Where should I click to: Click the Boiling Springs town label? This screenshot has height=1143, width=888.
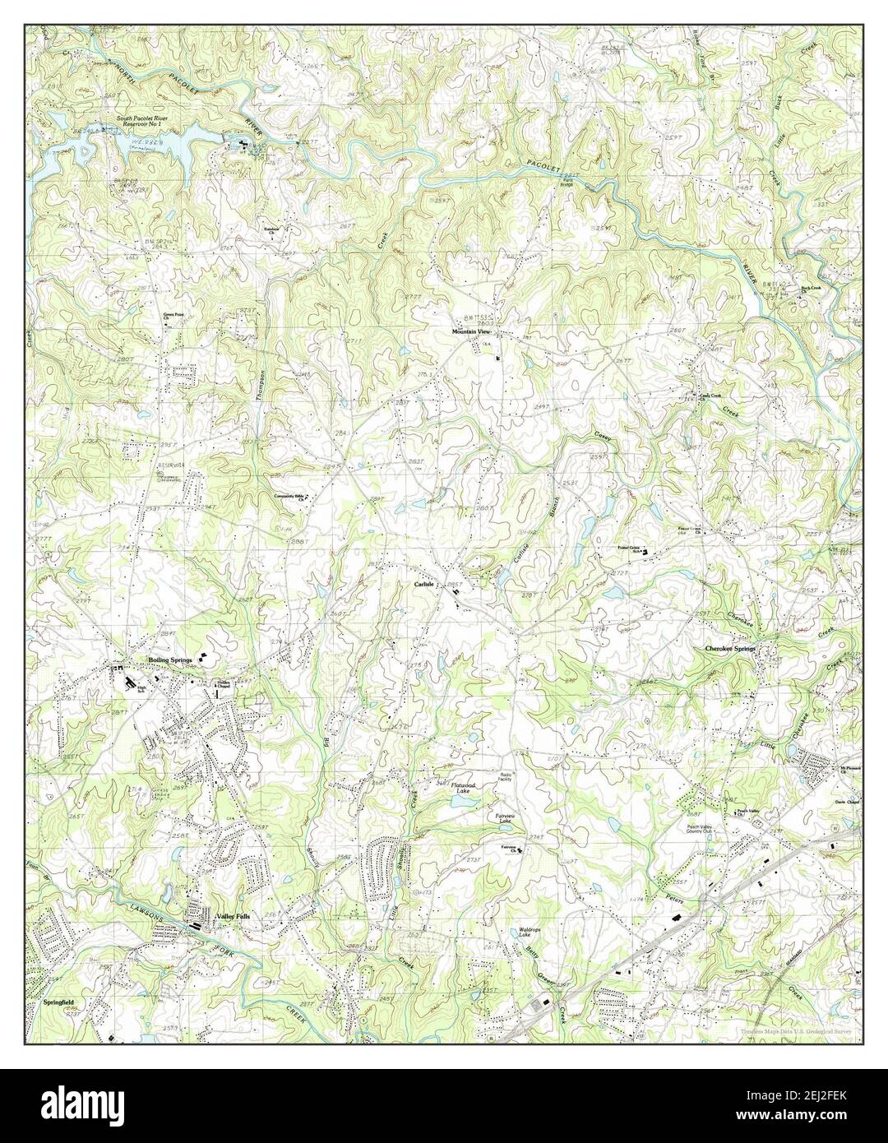tap(169, 660)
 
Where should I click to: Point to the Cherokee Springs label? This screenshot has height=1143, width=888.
tap(730, 649)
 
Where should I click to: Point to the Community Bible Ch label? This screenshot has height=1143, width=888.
tap(294, 497)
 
